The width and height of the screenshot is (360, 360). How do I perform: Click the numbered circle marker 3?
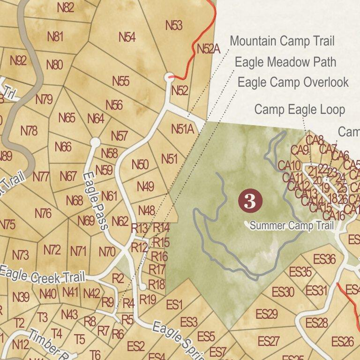pos(250,201)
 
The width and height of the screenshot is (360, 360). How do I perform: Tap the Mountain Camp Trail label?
pos(282,41)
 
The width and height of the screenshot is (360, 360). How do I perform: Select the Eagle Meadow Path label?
pos(285,62)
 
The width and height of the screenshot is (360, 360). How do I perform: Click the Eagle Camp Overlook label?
pos(293,82)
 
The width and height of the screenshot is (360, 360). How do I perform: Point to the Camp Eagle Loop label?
pos(300,110)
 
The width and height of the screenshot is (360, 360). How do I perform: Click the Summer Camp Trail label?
pos(292,226)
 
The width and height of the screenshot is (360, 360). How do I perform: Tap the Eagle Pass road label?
pos(96,201)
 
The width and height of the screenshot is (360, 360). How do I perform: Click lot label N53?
pos(173,25)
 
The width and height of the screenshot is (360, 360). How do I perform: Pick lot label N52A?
pos(208,49)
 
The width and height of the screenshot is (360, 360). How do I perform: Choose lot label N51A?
pos(182,129)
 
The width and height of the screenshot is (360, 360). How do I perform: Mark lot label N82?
pos(65,7)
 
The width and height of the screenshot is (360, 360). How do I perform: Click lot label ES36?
pos(324,259)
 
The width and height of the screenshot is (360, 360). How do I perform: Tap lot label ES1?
pos(174,305)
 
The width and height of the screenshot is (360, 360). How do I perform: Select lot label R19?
pos(148,299)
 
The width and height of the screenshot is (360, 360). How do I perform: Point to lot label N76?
pos(43,214)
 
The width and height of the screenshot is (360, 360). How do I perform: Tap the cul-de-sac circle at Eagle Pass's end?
pos(95,142)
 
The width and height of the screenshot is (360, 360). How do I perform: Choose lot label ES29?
pos(267,314)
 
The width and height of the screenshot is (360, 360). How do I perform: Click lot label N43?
pos(69,314)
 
